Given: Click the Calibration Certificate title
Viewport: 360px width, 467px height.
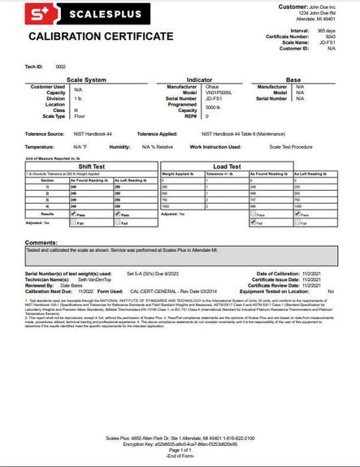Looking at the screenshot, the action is (x=100, y=38).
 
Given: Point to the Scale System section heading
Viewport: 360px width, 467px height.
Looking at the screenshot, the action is (x=80, y=80).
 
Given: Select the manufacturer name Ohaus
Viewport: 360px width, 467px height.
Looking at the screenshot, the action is (x=215, y=86).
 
